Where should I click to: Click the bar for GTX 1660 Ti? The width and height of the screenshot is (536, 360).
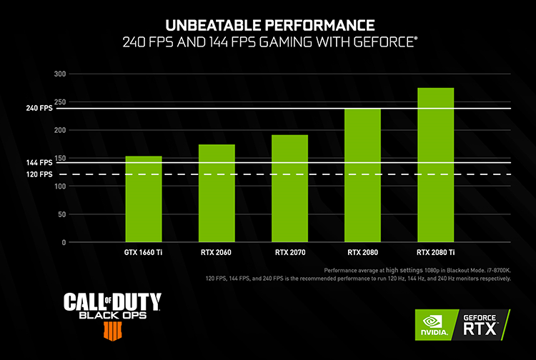[144, 199]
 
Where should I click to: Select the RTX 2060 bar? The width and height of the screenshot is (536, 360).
[217, 194]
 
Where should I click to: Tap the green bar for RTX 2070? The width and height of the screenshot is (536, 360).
[289, 189]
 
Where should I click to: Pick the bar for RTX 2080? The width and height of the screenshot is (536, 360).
[362, 176]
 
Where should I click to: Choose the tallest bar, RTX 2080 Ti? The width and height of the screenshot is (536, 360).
[435, 165]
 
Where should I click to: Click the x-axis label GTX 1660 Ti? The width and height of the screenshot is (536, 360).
[144, 252]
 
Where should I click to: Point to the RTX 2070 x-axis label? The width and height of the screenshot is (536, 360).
[289, 252]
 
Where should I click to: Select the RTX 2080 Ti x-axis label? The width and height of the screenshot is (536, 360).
[435, 252]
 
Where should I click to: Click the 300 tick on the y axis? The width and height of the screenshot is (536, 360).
[59, 74]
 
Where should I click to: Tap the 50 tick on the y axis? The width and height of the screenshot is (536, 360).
[61, 214]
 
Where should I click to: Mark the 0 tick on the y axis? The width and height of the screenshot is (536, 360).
[63, 243]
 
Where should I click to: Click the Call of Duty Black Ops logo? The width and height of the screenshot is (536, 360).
[112, 311]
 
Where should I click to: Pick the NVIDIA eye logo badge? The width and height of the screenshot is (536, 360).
[436, 325]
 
